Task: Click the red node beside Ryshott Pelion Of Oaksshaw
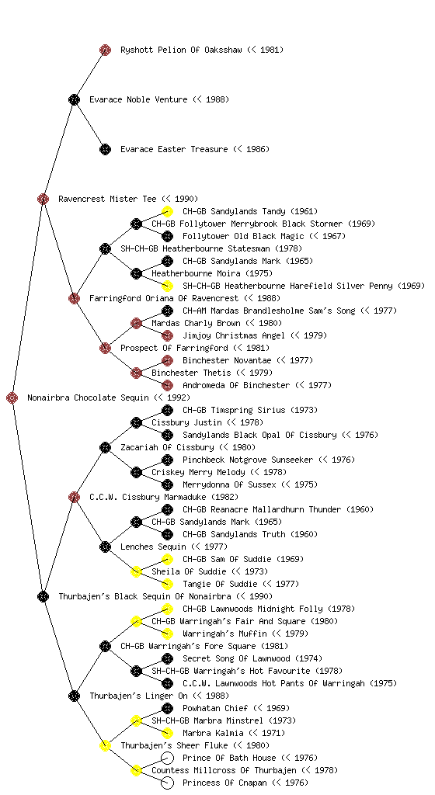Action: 105,50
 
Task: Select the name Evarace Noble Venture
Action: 138,99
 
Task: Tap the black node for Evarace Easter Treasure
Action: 105,149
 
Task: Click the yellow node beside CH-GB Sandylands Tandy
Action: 167,211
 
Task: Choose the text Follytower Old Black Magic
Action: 243,236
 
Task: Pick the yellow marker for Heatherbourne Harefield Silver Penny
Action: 167,286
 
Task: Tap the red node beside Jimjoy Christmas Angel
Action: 167,335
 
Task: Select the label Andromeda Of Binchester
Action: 236,385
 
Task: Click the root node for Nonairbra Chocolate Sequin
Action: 12,397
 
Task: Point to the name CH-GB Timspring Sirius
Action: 235,410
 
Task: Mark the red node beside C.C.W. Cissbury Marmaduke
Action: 74,497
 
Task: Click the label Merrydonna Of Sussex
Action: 230,484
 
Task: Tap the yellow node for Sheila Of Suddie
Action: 136,571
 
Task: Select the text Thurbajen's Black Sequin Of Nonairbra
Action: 145,596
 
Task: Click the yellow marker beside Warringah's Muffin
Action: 167,634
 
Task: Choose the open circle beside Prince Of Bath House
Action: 167,758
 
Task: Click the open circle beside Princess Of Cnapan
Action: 167,783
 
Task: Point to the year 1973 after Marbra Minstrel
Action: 284,720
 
